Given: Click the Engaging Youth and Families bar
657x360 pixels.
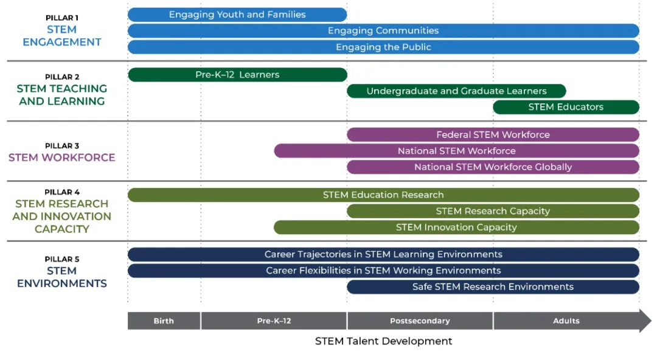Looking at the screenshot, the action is point(237,15).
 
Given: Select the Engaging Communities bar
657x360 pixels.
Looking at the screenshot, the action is point(383,30).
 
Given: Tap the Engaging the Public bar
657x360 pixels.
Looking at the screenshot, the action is point(383,47).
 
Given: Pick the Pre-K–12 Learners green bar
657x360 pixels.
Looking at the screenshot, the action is point(238,75).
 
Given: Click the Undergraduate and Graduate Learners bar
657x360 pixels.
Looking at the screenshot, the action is point(456,91).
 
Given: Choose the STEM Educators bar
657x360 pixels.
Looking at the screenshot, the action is point(566,107).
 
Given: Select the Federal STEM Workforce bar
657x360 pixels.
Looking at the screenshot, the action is point(493,134).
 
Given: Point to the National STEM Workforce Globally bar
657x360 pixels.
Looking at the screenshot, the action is point(493,167).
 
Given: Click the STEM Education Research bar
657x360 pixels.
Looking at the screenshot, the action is point(383,195).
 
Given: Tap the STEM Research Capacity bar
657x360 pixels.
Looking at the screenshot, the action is point(493,211).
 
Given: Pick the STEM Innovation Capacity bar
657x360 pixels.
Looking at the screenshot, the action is point(456,227).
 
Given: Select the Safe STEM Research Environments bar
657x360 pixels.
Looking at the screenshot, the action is point(493,286).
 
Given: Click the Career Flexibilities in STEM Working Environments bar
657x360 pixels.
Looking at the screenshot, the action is point(383,271).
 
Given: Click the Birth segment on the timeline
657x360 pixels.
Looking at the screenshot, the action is point(164,321).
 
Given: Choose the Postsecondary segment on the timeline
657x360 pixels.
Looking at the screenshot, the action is point(420,321).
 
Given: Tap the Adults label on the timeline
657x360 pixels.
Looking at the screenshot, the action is point(566,321).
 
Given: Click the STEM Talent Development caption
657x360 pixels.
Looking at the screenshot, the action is point(383,341).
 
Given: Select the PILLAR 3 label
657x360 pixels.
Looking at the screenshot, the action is point(62,146).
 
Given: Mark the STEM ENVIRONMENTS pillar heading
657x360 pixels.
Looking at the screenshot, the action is point(62,277).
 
